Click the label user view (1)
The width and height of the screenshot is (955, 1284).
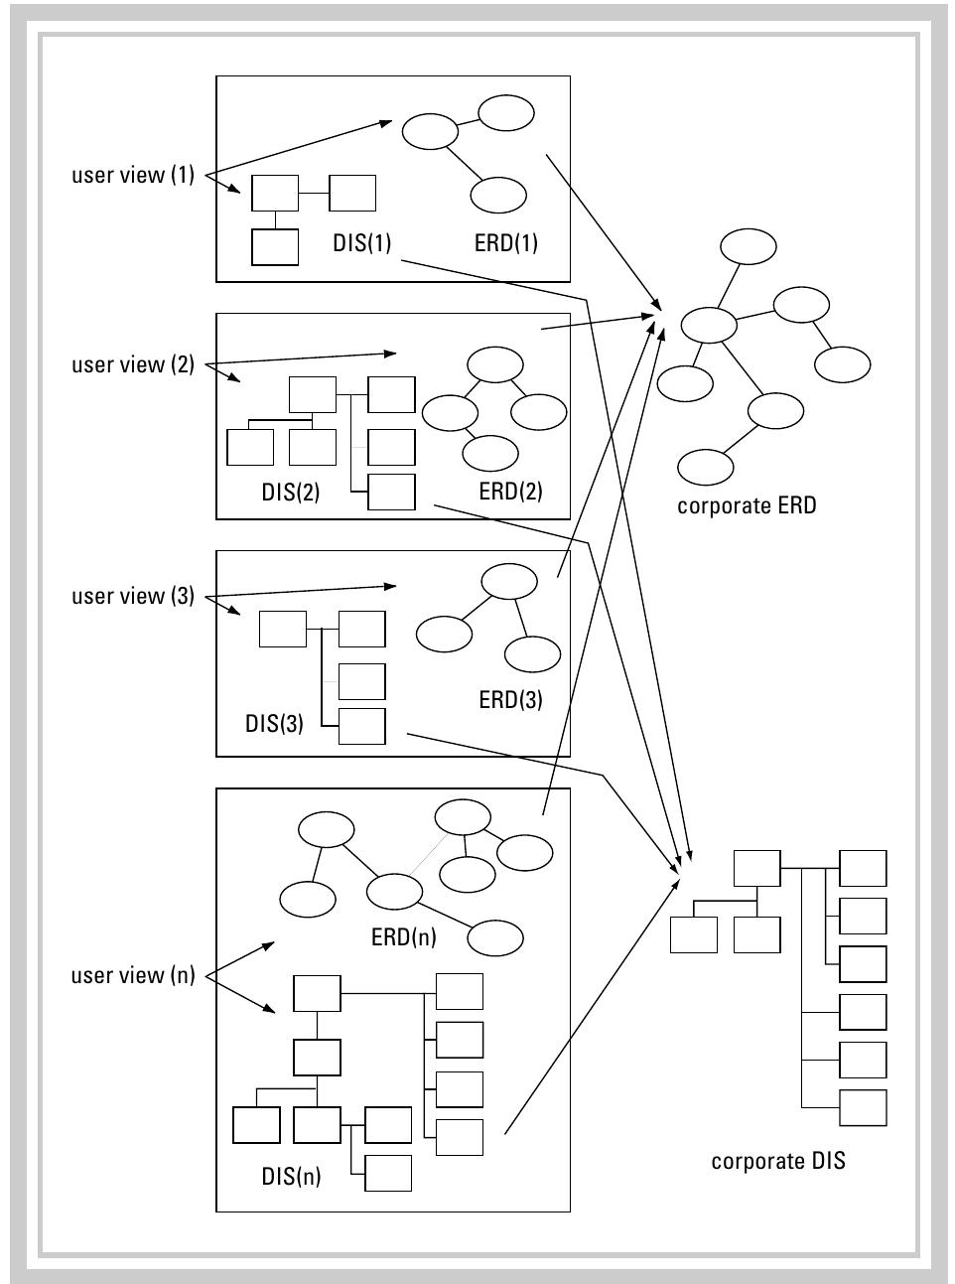coord(133,176)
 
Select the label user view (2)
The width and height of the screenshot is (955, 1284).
coord(133,365)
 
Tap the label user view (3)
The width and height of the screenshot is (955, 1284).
coord(133,597)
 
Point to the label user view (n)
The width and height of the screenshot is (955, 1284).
coord(133,976)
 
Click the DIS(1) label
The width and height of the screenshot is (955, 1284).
coord(362,243)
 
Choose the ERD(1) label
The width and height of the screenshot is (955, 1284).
coord(506,243)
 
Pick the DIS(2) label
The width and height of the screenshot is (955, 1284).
coord(291,492)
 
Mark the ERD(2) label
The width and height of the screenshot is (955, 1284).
coord(510,492)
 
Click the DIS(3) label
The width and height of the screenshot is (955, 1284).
coord(274,723)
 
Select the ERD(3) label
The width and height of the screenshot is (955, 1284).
coord(510,699)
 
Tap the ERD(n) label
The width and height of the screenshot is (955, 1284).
coord(404,936)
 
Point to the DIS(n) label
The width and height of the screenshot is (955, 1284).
coord(292,1177)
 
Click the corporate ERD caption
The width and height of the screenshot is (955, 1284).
coord(747,505)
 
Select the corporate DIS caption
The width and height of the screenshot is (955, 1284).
coord(778,1161)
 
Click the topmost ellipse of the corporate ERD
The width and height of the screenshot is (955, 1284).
coord(750,247)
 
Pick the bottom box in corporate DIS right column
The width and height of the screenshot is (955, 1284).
coord(863,1107)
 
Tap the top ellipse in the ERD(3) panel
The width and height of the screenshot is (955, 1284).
coord(509,582)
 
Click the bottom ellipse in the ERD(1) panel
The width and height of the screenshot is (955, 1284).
coord(498,196)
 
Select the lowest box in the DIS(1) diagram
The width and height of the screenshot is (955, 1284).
coord(275,247)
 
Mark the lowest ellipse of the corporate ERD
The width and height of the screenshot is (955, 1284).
coord(706,466)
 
